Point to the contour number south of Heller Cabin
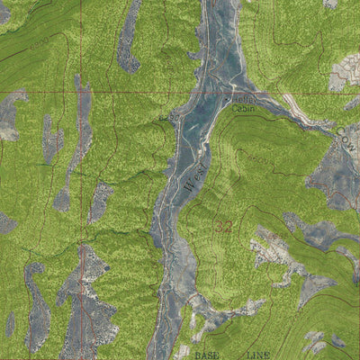pyautogui.click(x=254, y=158)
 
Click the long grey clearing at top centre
pyautogui.click(x=129, y=36)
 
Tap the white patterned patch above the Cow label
pyautogui.click(x=347, y=72)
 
